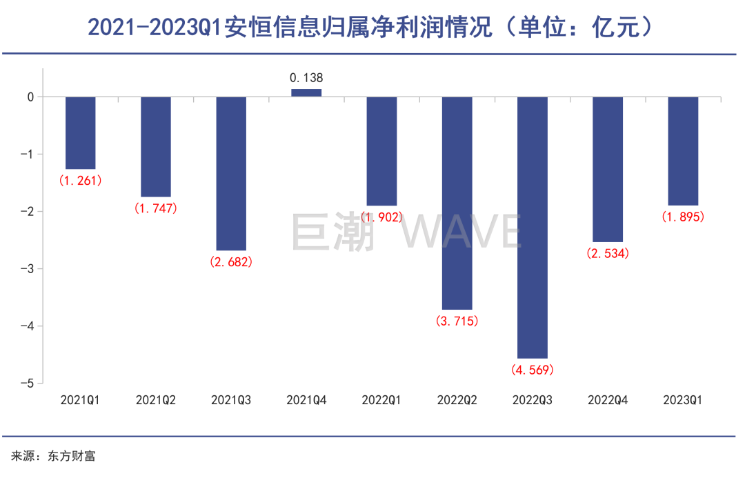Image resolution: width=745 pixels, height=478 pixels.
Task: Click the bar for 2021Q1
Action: (x=80, y=132)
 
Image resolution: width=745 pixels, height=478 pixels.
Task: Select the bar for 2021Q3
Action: (x=231, y=173)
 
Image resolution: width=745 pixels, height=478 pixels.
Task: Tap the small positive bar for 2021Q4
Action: (x=306, y=92)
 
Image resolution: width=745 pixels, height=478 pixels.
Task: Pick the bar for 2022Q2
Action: (x=457, y=203)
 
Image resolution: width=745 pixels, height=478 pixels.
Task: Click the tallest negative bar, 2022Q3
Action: (x=533, y=227)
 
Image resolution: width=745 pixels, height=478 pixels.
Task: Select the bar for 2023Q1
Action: (x=683, y=151)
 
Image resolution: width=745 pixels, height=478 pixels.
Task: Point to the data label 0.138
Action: (x=306, y=78)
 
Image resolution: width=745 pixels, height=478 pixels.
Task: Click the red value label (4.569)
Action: (x=533, y=370)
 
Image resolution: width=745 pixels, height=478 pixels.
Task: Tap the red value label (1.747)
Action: (x=156, y=208)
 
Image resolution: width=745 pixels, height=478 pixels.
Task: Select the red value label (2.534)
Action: (x=608, y=253)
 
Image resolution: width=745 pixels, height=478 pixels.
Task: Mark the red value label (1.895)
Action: (x=683, y=217)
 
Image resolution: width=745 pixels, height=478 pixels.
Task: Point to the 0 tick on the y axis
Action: (x=31, y=97)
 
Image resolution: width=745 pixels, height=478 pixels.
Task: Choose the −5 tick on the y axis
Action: (x=30, y=383)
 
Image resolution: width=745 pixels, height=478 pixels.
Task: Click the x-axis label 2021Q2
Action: (x=156, y=399)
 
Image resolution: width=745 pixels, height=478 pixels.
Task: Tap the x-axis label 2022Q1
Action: (x=381, y=399)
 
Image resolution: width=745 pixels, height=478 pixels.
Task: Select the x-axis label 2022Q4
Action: (x=608, y=399)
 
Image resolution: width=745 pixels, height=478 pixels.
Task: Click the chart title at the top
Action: (x=371, y=28)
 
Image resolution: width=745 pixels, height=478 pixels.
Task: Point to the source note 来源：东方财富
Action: (x=52, y=456)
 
